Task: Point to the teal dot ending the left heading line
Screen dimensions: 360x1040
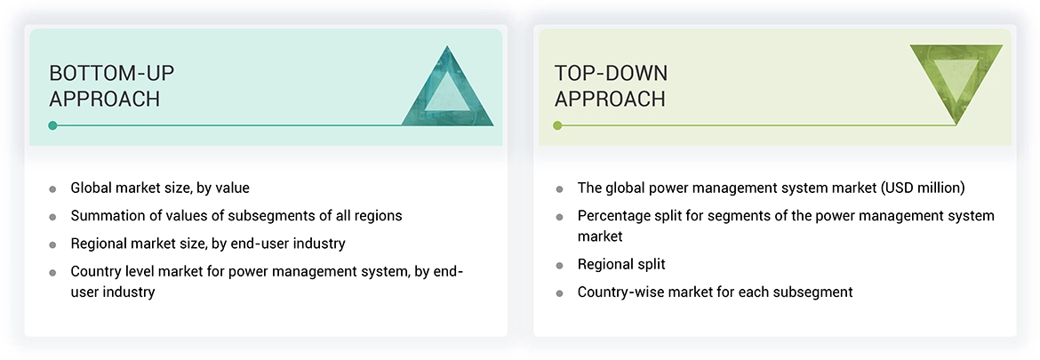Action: [x=52, y=125]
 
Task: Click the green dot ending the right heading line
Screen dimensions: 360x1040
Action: [x=557, y=125]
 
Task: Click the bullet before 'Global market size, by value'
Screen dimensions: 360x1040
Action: [x=52, y=188]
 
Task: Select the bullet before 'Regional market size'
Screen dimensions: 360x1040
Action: [x=52, y=244]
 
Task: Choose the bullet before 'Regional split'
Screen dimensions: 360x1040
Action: [x=559, y=265]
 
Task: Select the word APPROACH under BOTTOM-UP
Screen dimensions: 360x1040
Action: [x=104, y=99]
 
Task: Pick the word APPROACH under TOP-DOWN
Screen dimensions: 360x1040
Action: [x=610, y=99]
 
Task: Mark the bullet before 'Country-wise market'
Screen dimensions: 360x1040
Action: [x=559, y=292]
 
